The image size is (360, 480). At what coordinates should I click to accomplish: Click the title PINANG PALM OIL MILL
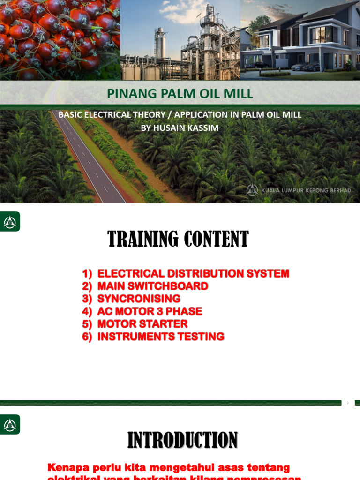coord(180,94)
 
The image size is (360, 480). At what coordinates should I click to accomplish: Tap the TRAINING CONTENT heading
coord(178,239)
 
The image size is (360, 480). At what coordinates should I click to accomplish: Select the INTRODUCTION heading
coord(182,440)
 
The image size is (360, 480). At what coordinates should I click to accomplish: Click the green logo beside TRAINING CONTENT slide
coord(10,222)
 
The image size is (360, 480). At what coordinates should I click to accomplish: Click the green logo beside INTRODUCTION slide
coord(10,425)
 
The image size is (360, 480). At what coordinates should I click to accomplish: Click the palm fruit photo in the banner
coord(60,40)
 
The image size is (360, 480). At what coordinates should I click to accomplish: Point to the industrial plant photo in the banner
coord(180,42)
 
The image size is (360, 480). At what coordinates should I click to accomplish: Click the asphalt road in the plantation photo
coord(89,159)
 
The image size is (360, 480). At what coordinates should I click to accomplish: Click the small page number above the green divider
coord(348,403)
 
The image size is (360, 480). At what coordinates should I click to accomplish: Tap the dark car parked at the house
coord(311,67)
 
